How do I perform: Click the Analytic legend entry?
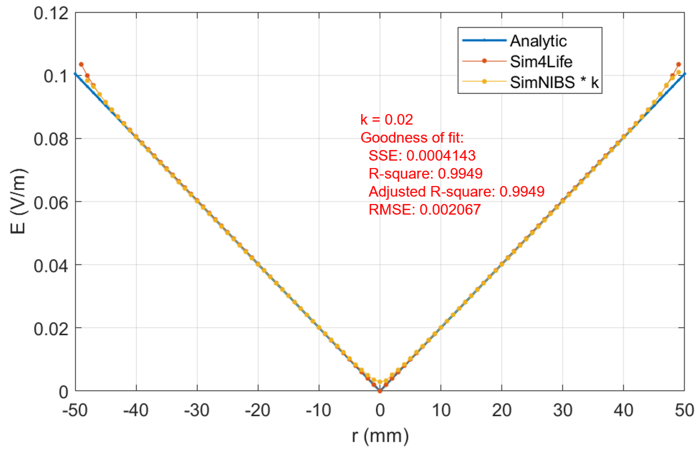point(538,41)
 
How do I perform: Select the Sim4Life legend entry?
point(541,62)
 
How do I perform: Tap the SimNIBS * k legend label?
point(554,82)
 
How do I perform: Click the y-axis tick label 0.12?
point(51,13)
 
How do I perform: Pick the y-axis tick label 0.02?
point(51,329)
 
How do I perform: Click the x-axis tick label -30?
point(197,410)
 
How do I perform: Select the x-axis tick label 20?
point(501,410)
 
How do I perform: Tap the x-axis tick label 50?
point(684,410)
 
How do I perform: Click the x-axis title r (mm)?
point(380,436)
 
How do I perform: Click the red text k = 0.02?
point(386,119)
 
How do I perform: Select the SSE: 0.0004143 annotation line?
point(422,155)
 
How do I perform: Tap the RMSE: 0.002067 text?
point(424,209)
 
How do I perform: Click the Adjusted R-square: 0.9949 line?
point(456,192)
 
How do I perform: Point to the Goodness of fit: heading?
point(412,138)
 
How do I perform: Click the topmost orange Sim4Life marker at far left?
point(81,64)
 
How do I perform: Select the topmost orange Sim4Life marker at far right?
point(679,64)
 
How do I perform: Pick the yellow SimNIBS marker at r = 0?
point(380,382)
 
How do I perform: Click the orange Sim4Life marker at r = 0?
point(380,391)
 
